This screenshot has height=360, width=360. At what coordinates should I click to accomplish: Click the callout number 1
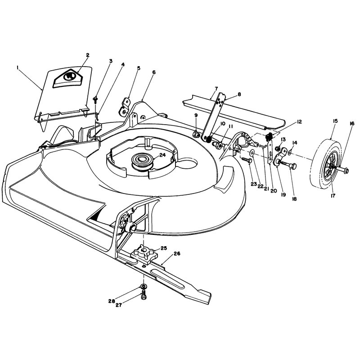click(18, 67)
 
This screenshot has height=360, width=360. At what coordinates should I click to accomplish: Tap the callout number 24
click(162, 155)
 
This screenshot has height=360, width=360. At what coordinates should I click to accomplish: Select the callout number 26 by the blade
click(177, 253)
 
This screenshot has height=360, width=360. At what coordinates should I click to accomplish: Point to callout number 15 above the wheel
click(335, 121)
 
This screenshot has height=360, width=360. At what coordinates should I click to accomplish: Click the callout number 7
click(216, 88)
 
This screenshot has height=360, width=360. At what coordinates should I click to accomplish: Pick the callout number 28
click(112, 301)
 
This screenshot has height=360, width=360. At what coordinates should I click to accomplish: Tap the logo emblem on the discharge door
click(68, 77)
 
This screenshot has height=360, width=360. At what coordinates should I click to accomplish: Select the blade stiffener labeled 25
click(144, 254)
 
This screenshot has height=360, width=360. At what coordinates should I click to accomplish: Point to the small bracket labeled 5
click(124, 106)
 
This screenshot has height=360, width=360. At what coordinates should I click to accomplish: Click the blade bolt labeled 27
click(144, 295)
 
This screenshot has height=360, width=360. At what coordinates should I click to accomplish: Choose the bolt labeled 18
click(288, 165)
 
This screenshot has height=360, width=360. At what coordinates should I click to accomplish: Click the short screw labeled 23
click(247, 160)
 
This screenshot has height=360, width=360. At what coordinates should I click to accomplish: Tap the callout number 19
click(283, 194)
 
